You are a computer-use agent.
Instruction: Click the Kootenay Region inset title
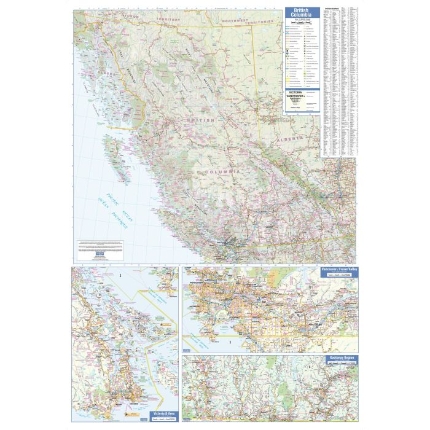coord(340,358)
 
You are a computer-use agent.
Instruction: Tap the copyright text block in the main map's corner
coord(101,245)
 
